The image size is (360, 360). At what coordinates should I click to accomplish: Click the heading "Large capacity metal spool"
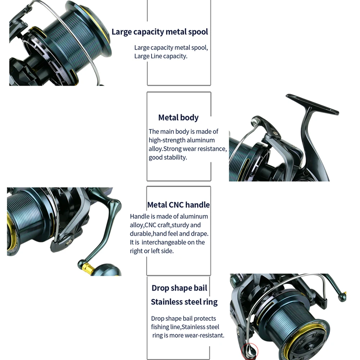pos(160,32)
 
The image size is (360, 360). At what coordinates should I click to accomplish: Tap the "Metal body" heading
pos(179,118)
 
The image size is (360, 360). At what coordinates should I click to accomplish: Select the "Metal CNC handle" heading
pos(179,205)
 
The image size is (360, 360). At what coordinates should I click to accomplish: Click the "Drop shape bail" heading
pos(179,288)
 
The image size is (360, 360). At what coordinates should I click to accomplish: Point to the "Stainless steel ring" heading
pos(184,302)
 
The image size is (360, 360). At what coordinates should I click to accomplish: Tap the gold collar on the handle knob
pos(87,268)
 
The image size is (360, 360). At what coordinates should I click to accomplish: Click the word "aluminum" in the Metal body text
pos(201,140)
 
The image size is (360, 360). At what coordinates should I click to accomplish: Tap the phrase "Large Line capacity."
pos(161,56)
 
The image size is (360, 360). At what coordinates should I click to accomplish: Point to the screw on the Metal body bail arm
pos(275,133)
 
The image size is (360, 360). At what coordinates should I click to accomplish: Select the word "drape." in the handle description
pos(201,234)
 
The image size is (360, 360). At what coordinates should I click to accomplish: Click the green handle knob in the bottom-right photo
pos(342,297)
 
